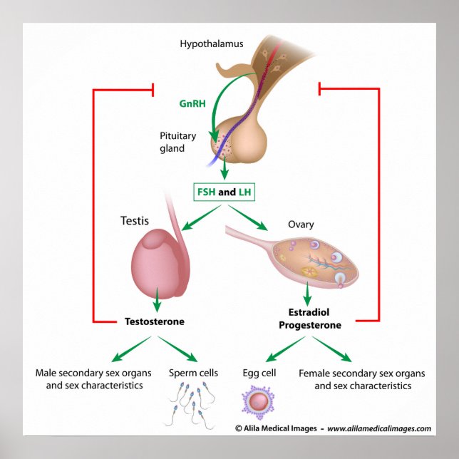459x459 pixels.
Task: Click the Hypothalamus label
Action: click(211, 44)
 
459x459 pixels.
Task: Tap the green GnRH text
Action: click(192, 103)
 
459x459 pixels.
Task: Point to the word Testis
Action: click(135, 222)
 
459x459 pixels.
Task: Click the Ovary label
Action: click(301, 225)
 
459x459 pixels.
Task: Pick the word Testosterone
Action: click(155, 321)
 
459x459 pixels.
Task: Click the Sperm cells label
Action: click(193, 373)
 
